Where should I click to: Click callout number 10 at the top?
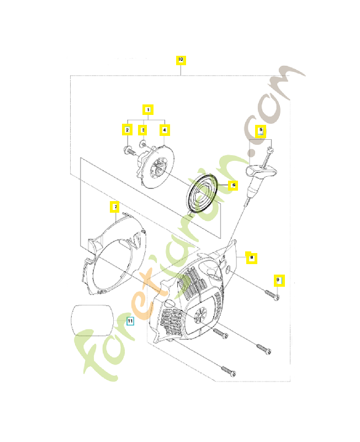click(x=181, y=60)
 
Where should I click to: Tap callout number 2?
click(x=127, y=130)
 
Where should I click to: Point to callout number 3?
click(x=142, y=130)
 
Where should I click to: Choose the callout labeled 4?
click(x=163, y=130)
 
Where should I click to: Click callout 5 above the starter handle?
click(x=261, y=131)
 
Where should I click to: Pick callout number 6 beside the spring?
click(x=233, y=185)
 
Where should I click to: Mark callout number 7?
click(x=114, y=207)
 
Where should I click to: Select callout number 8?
click(x=251, y=257)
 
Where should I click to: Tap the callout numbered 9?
click(x=279, y=280)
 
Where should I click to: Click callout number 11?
click(x=130, y=320)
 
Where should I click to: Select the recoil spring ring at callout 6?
click(x=203, y=193)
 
